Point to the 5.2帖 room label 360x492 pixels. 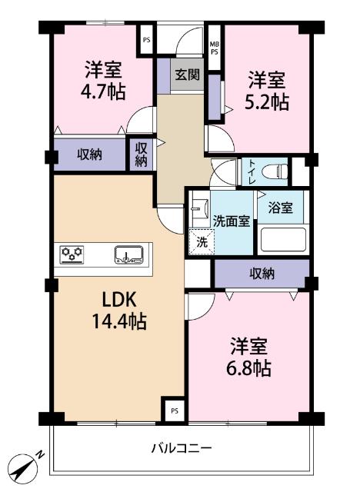click(x=266, y=90)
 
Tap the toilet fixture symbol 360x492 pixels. click(x=272, y=169)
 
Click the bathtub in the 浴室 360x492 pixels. click(x=282, y=240)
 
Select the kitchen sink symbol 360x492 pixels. click(x=128, y=254)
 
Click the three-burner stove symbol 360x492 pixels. click(x=73, y=254)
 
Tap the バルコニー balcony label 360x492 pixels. click(x=181, y=447)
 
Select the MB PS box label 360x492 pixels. click(x=215, y=48)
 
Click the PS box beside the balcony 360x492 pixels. click(x=174, y=410)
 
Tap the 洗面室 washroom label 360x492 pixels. click(x=231, y=221)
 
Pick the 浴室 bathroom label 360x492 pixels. click(x=280, y=208)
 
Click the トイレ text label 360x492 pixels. click(x=251, y=169)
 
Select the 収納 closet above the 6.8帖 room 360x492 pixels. click(x=262, y=273)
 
